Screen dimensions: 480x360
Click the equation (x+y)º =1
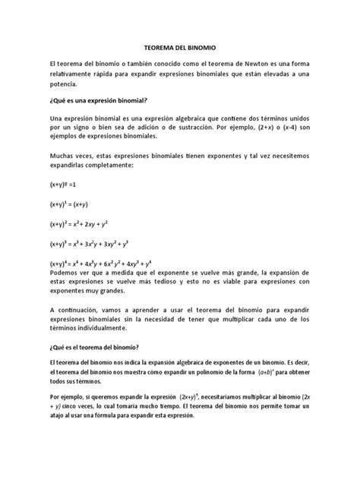64,185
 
